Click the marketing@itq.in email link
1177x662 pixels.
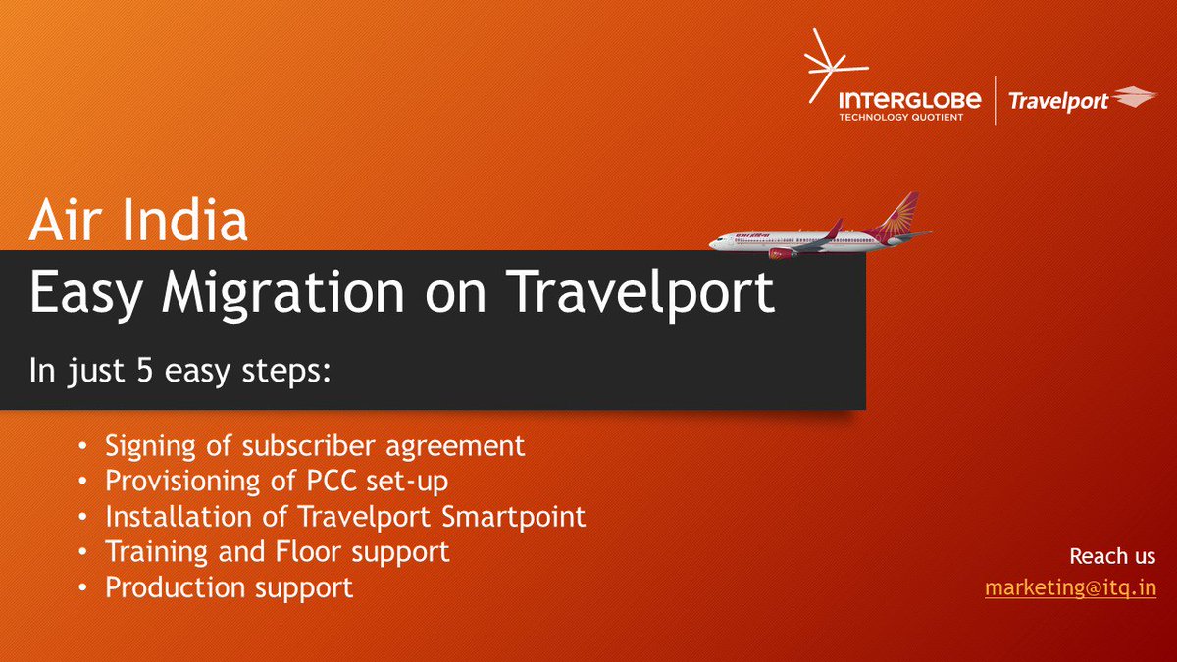pos(1070,588)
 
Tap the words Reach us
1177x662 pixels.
pos(1111,556)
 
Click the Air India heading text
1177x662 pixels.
pos(137,222)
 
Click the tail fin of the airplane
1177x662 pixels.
pos(901,211)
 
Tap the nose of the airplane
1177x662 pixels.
pos(714,240)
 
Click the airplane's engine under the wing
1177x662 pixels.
pos(783,253)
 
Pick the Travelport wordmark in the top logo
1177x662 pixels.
pos(1058,101)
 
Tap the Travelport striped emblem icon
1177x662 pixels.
pos(1136,97)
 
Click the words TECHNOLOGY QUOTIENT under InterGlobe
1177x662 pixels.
pos(900,117)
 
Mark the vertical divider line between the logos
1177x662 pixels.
pos(995,101)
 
